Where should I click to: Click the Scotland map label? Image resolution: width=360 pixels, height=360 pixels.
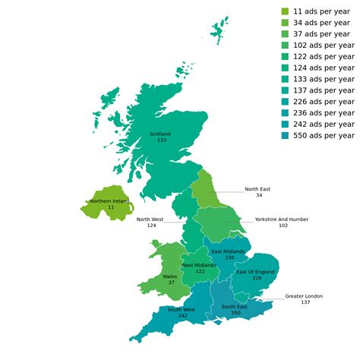click(160, 134)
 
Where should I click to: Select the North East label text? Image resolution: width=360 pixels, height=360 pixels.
click(257, 189)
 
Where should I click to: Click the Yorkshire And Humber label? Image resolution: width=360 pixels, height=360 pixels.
click(282, 219)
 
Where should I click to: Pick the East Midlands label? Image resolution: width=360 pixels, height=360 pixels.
click(228, 251)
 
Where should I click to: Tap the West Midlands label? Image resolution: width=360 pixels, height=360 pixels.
click(200, 265)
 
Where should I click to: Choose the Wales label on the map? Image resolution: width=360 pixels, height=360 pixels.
click(169, 276)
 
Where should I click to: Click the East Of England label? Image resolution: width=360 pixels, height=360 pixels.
click(255, 272)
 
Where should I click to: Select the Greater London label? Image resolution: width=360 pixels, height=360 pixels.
click(304, 296)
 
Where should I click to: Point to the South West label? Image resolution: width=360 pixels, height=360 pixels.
click(182, 309)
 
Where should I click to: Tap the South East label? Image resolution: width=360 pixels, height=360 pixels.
click(235, 307)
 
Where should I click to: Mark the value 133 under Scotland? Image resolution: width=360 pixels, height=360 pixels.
click(160, 141)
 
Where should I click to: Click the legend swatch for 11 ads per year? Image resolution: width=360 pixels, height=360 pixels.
click(286, 11)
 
